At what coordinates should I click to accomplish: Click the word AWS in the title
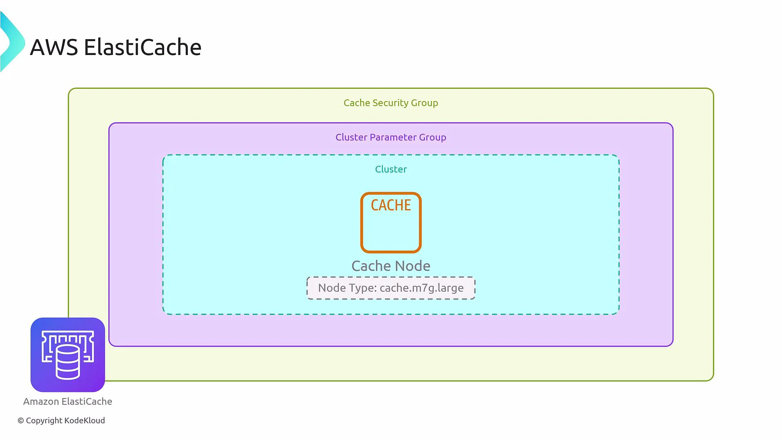point(54,47)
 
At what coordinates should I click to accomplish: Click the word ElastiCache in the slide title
point(143,47)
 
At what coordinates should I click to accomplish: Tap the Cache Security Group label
point(391,103)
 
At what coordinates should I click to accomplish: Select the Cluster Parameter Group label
point(391,137)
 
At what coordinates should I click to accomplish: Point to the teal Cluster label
point(391,169)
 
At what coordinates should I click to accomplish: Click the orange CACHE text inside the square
point(391,205)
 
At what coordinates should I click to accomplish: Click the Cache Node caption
point(391,266)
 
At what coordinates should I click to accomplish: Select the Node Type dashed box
point(391,288)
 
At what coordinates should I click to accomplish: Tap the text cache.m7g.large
point(422,288)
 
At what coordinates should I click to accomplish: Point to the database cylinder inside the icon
point(68,363)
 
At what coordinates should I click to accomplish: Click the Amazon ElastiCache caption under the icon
point(68,402)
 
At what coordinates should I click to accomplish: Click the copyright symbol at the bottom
point(21,421)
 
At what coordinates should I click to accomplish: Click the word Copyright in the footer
point(44,420)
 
